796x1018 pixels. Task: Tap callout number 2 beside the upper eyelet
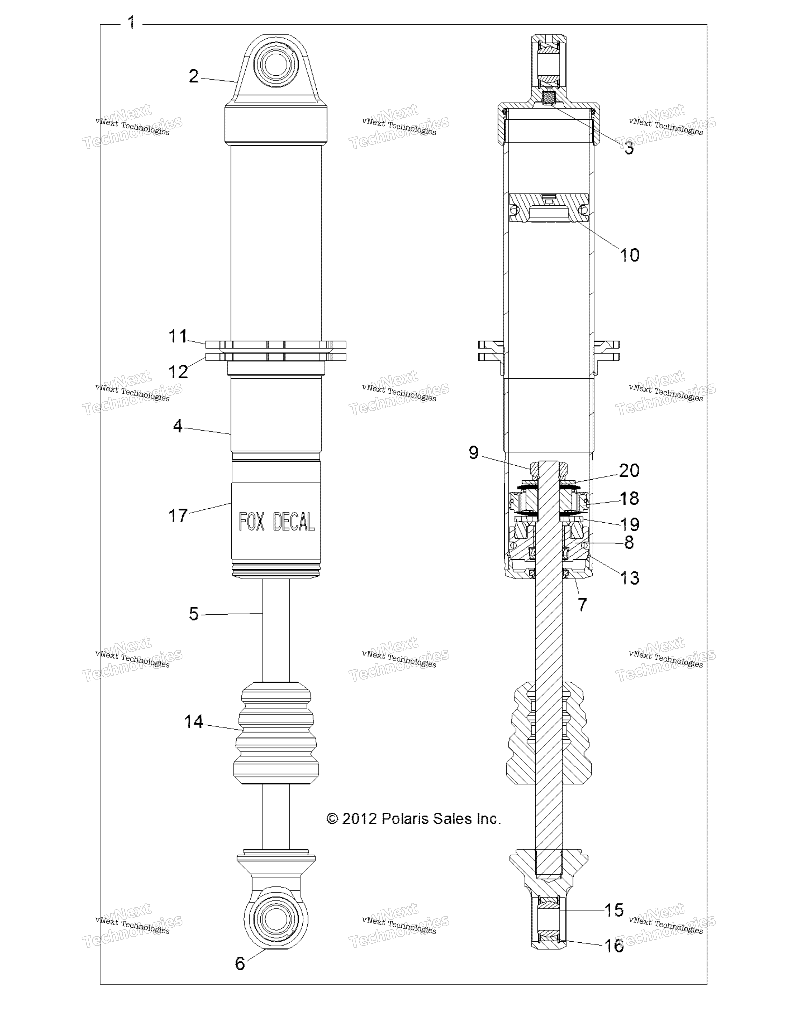194,76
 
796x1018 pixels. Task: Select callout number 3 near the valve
629,148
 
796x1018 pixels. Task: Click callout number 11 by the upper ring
178,336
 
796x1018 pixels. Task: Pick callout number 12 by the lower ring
178,372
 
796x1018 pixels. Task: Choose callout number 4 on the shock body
178,425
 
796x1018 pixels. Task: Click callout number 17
178,516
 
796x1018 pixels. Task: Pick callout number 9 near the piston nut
473,452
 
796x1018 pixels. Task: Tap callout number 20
629,470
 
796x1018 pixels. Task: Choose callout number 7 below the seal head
582,604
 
